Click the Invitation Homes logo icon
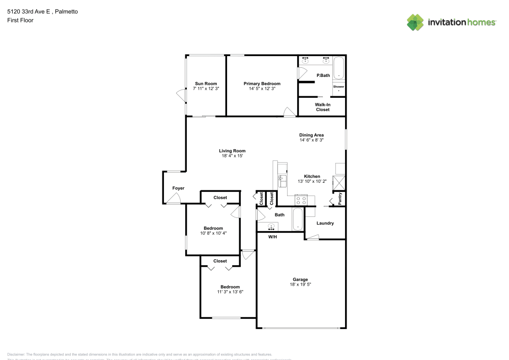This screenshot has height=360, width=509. click(415, 22)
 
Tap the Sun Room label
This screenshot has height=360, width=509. click(206, 84)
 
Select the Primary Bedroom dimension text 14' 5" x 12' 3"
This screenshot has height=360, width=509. click(262, 89)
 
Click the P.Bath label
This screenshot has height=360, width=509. click(323, 76)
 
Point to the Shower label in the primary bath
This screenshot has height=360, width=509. click(338, 87)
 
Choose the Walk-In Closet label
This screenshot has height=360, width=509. click(322, 107)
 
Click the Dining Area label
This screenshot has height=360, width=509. click(312, 135)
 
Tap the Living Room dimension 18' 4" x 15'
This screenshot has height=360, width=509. click(232, 156)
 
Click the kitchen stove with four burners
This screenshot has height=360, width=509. click(300, 200)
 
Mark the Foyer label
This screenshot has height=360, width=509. click(178, 188)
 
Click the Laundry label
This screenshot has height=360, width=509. click(325, 223)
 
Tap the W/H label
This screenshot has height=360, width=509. click(273, 236)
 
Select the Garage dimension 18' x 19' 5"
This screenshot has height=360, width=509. click(300, 285)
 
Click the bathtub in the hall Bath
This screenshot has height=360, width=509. click(298, 220)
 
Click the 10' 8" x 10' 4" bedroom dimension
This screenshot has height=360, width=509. click(213, 233)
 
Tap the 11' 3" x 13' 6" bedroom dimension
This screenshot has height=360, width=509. click(230, 292)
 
